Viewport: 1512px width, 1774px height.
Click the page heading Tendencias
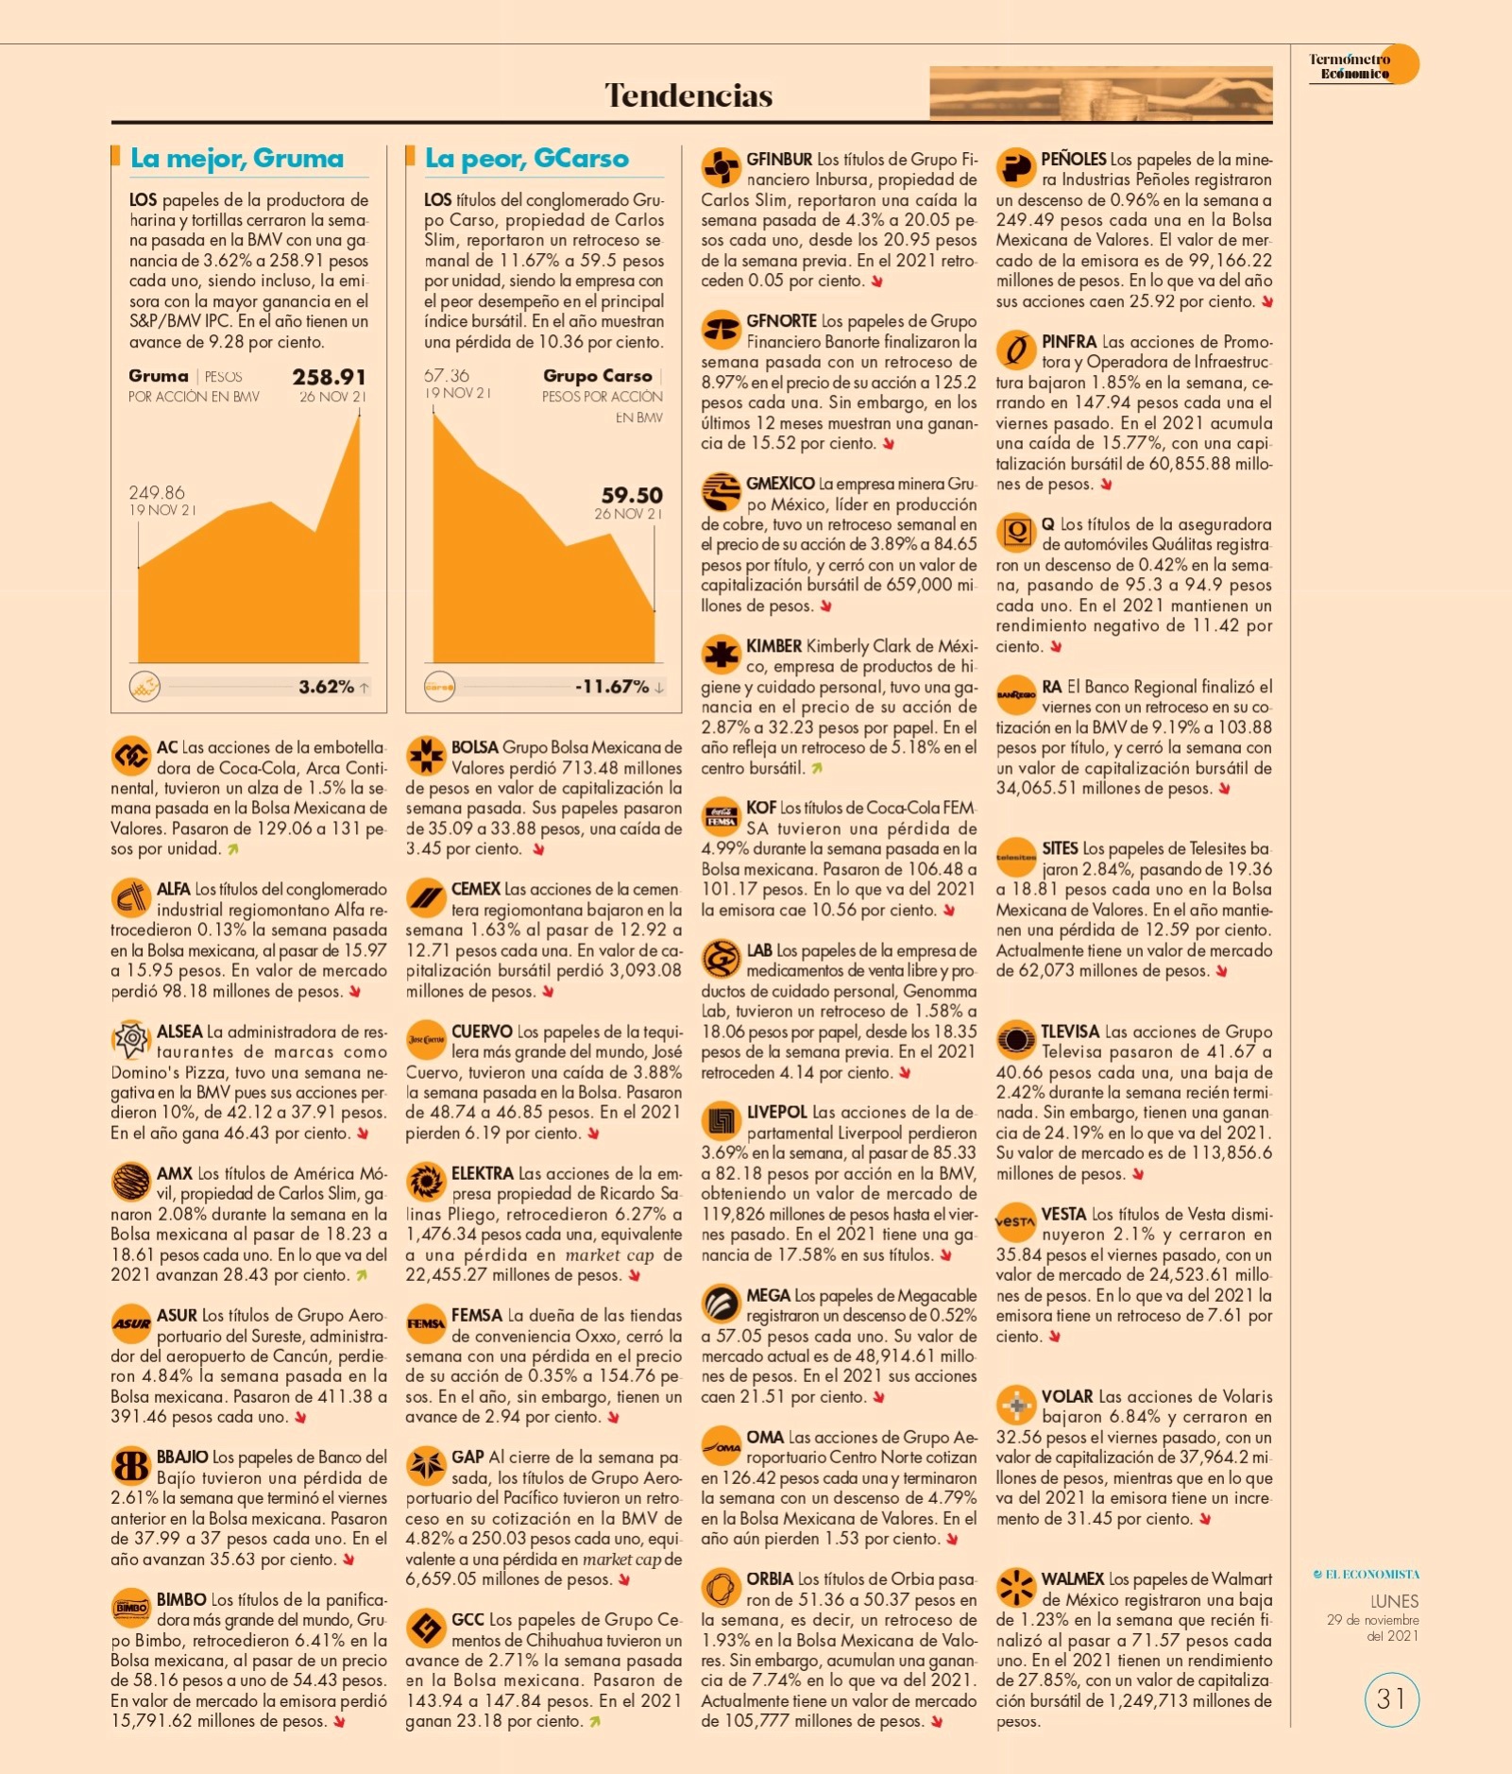point(688,95)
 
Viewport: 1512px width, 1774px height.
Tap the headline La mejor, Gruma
point(237,158)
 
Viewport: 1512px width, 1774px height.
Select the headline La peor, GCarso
point(527,158)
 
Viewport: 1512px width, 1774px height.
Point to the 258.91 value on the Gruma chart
point(329,377)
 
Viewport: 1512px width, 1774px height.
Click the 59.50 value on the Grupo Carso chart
point(632,495)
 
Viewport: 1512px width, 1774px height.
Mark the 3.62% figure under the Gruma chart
point(327,687)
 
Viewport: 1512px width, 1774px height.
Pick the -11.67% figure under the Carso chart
point(612,687)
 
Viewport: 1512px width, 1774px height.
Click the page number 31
point(1391,1699)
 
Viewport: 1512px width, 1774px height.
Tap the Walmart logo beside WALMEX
point(1016,1587)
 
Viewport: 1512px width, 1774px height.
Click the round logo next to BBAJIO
point(130,1465)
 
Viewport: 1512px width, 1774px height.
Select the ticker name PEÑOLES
point(1074,160)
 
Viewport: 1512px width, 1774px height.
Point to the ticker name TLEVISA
point(1070,1032)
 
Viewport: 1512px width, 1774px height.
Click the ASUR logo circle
point(130,1323)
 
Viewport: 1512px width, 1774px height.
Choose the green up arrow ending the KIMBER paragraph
point(817,769)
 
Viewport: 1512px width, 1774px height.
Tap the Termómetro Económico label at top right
point(1350,66)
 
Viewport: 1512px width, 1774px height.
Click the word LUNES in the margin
point(1394,1601)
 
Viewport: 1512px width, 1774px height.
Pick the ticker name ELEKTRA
point(483,1173)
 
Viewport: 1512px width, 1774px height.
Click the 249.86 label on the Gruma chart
point(157,493)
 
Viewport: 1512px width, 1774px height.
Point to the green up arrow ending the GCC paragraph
point(595,1722)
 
